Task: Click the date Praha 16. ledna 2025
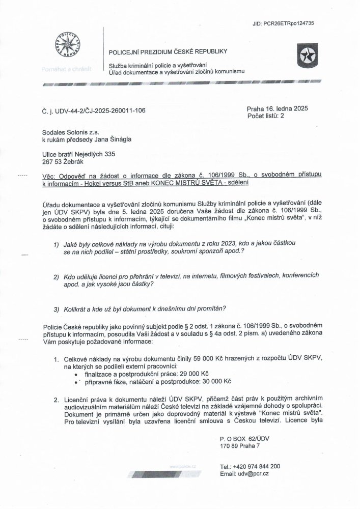(274, 108)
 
